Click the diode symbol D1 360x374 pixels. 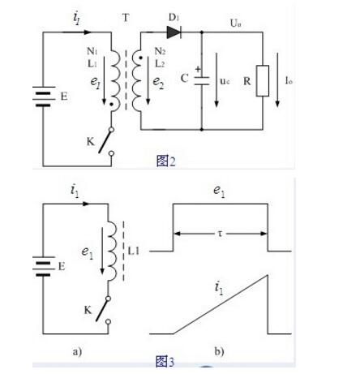point(174,32)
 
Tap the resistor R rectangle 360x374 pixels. point(263,80)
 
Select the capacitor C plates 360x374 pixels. point(202,80)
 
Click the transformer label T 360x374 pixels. point(126,18)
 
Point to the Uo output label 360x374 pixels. point(235,24)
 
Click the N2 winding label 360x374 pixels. point(160,51)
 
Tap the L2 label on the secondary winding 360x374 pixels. point(160,64)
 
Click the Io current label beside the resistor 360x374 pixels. point(289,80)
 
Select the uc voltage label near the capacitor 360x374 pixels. point(225,81)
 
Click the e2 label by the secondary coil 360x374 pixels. point(158,82)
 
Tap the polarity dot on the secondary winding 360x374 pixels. point(140,58)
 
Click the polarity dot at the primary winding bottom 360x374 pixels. point(111,104)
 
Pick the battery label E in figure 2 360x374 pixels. point(64,97)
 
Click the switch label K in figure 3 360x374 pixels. point(88,310)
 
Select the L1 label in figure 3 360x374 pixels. point(133,251)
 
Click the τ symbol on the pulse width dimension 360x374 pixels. point(220,234)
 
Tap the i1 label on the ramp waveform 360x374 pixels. point(219,288)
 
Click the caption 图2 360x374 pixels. point(166,161)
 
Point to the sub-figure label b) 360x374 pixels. point(219,351)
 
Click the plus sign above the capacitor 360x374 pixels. point(198,69)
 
